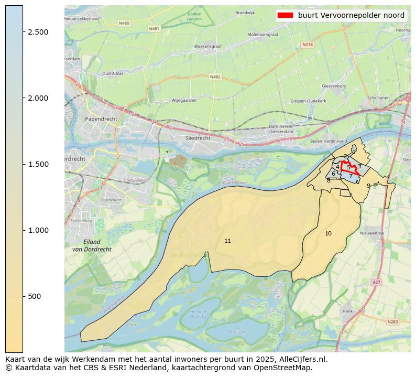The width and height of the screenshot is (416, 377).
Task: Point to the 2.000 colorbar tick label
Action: click(x=38, y=98)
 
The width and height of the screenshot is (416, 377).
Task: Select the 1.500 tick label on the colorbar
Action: click(x=38, y=164)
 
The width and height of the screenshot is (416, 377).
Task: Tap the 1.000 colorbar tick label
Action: click(x=38, y=230)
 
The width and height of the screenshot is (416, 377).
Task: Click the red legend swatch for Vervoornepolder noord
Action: click(x=284, y=15)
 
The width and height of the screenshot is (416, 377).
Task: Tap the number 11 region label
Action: click(x=227, y=241)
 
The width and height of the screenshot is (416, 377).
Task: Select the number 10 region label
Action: click(x=328, y=233)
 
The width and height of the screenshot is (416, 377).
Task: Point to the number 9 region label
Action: click(x=368, y=186)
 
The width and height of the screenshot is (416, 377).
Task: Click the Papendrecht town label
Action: click(x=101, y=119)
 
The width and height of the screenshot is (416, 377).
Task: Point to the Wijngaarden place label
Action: click(x=184, y=100)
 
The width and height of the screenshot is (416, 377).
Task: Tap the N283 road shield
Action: click(x=393, y=321)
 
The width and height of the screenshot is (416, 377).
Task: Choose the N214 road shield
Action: click(x=308, y=45)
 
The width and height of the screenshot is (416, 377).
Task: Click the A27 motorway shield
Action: click(x=376, y=282)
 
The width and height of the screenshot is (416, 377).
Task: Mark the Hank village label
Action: click(x=347, y=311)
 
